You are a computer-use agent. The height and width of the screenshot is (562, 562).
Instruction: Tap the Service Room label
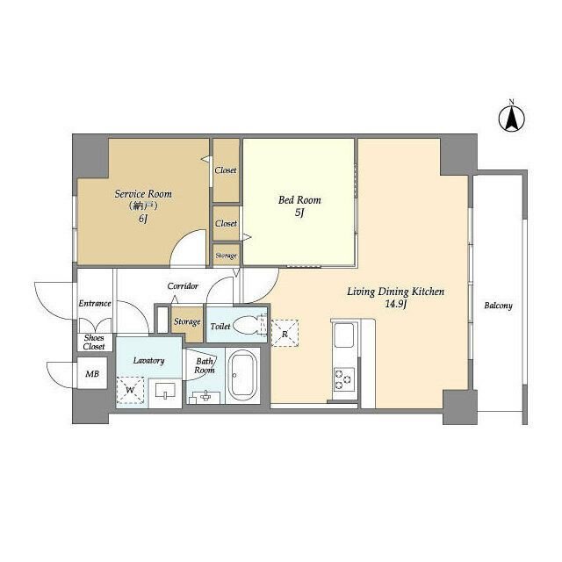tap(143, 194)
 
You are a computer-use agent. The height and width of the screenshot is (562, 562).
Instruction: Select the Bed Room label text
tap(299, 200)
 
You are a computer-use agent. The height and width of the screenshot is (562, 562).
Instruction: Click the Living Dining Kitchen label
tap(395, 292)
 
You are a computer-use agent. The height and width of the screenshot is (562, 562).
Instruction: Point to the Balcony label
tap(498, 306)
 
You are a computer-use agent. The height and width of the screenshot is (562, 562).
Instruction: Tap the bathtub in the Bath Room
tap(242, 375)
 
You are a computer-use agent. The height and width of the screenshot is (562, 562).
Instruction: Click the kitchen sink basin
tap(343, 335)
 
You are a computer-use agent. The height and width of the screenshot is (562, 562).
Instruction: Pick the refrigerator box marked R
tap(285, 334)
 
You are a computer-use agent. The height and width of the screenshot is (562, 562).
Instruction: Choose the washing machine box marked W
tap(130, 390)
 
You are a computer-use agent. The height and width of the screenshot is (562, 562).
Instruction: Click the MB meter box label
tap(92, 374)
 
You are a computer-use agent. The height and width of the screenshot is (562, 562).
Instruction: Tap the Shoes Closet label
tap(94, 342)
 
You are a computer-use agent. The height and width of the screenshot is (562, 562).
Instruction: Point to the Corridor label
tap(183, 286)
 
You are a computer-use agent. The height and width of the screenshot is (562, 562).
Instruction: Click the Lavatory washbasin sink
tap(165, 391)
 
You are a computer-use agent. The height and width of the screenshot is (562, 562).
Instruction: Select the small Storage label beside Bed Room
tap(227, 256)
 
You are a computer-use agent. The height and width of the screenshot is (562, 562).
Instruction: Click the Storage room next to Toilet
tap(187, 322)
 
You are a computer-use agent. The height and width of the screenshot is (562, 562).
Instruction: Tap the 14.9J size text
tap(396, 305)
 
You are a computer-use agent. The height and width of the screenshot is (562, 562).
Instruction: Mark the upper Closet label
tap(226, 169)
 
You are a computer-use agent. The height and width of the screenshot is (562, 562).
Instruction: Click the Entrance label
tap(95, 303)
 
